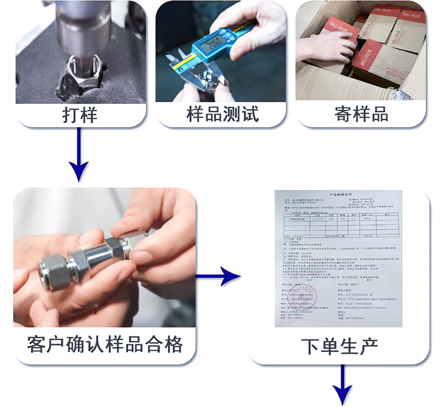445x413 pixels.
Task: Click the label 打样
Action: click(80, 114)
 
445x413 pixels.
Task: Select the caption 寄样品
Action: click(361, 114)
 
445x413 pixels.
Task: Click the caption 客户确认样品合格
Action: click(104, 344)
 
